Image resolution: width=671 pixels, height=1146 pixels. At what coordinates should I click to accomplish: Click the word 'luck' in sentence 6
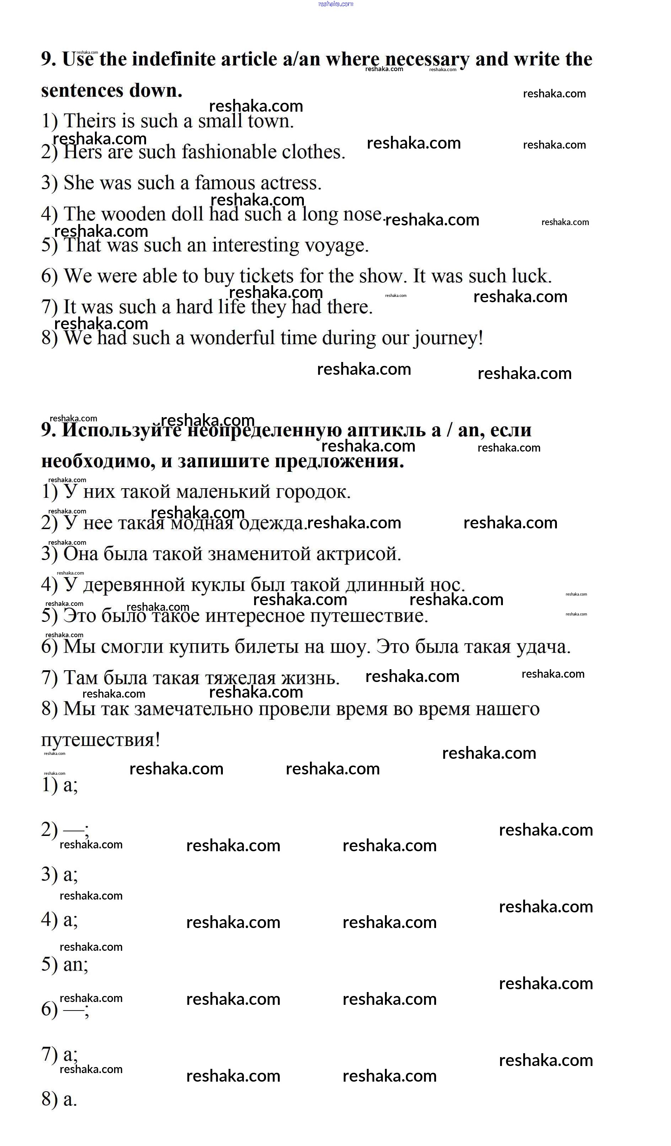click(x=530, y=276)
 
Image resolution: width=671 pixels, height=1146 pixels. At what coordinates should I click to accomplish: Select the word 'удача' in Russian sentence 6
click(x=542, y=647)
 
